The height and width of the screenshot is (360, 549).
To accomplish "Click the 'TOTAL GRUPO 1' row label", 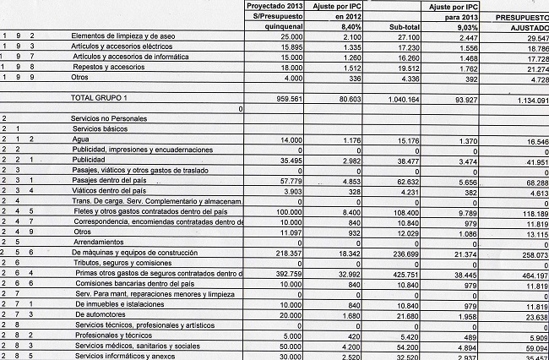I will [104, 98].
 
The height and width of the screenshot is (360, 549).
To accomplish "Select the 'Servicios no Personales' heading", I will [109, 119].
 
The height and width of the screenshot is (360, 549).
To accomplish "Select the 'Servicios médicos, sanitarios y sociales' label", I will [137, 345].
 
